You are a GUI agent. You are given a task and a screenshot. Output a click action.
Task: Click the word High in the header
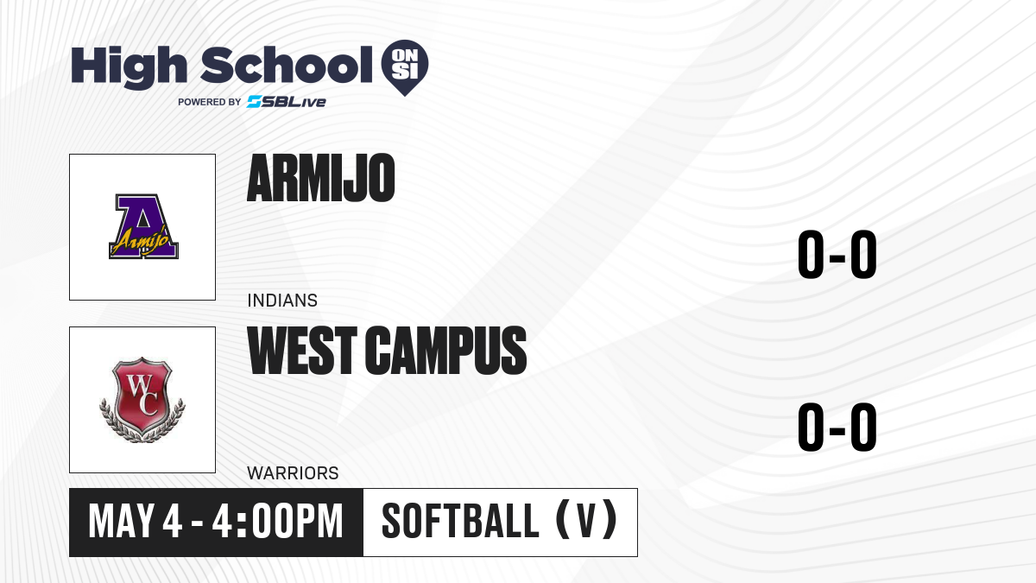coord(129,67)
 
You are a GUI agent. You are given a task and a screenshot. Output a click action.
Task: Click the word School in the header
coord(287,65)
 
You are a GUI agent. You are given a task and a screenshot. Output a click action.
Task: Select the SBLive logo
coord(287,101)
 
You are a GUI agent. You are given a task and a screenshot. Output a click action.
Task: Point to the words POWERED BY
coord(210,102)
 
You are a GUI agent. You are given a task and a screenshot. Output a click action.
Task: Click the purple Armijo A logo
coord(143,226)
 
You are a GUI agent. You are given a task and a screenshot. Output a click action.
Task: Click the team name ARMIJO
coord(321,178)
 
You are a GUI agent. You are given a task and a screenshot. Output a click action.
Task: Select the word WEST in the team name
coord(302,351)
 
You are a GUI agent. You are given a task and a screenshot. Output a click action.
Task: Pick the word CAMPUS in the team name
coord(445,351)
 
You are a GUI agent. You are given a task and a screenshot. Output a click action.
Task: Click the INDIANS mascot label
coord(282,301)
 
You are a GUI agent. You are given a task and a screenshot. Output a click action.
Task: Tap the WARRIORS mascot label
coord(293,473)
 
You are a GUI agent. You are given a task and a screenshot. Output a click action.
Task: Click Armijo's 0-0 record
coord(837,254)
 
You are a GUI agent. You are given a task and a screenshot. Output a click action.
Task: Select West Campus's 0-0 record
coord(837,427)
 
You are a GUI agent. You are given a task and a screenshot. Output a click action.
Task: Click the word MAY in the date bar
coord(121,522)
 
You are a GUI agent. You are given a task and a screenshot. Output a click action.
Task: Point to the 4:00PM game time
coord(277,522)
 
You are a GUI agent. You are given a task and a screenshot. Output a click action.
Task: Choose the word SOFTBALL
coord(460,522)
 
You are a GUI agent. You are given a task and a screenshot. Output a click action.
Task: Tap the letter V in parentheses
coord(586,522)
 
